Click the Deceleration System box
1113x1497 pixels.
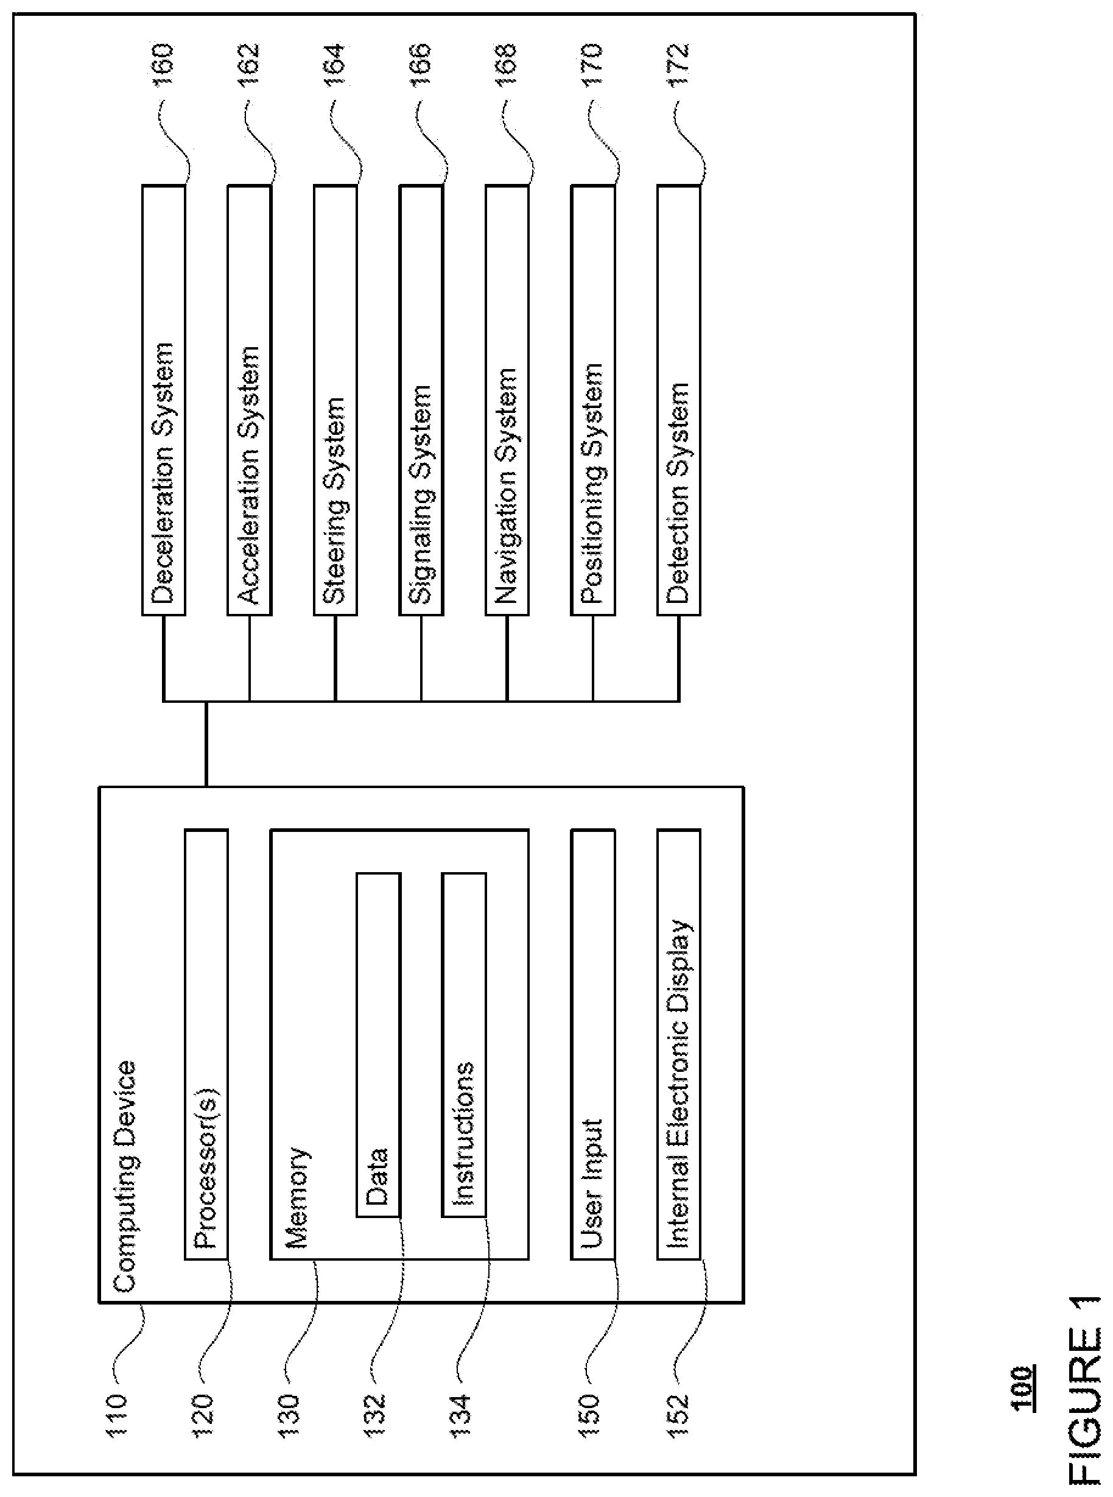[x=164, y=400]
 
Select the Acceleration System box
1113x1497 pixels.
[x=249, y=400]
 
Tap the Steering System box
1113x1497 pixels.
[x=335, y=400]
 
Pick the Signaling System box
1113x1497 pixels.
[x=421, y=400]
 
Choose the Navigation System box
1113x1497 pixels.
[x=507, y=400]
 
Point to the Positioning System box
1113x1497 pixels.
[x=593, y=400]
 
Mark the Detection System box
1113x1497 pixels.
[x=679, y=400]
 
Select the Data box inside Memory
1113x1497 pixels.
[x=378, y=1045]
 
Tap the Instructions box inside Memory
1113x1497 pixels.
[x=464, y=1045]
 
